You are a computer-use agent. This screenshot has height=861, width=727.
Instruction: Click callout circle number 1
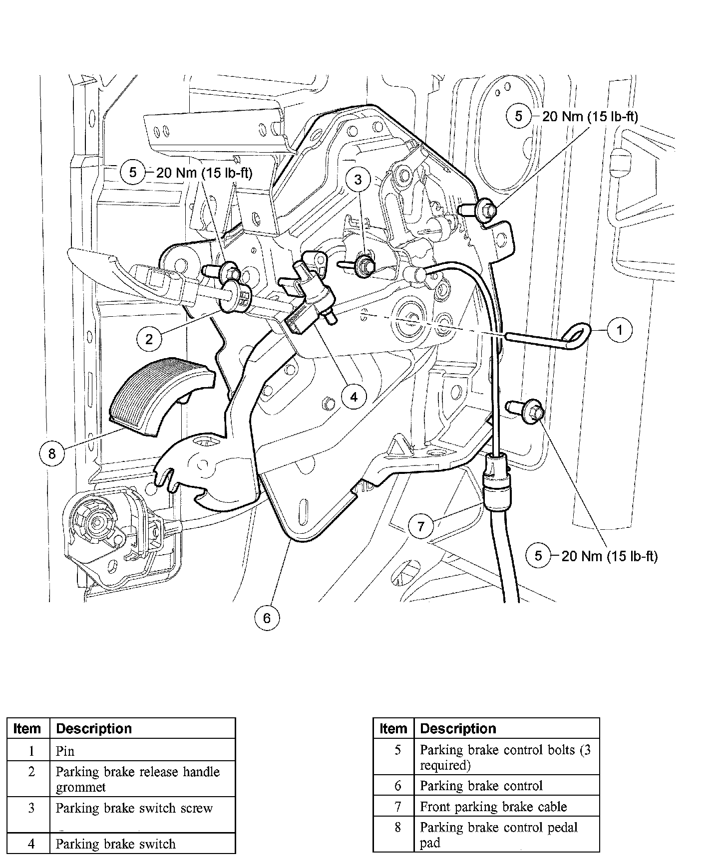(619, 330)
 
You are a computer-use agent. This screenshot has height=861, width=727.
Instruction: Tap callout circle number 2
(149, 339)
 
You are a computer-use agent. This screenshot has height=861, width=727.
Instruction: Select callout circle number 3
(358, 180)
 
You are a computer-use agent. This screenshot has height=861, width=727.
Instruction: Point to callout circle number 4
(354, 397)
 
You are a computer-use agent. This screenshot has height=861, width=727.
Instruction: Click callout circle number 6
(267, 619)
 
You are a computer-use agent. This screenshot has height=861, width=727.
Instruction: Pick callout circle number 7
(420, 526)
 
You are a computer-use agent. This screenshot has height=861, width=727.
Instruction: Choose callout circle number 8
(52, 453)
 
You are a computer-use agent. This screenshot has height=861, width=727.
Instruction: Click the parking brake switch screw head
(366, 266)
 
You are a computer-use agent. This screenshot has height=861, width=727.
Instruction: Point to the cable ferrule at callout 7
(496, 484)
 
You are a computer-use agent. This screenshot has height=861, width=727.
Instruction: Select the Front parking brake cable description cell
(493, 807)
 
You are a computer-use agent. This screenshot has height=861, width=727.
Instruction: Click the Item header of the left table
(27, 729)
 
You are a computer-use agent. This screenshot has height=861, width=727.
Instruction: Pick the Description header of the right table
(458, 729)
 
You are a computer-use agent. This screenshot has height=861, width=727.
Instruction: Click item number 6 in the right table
(398, 786)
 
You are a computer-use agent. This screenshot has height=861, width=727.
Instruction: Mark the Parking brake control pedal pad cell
(498, 835)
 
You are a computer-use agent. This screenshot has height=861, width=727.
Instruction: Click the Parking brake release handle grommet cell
(137, 779)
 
